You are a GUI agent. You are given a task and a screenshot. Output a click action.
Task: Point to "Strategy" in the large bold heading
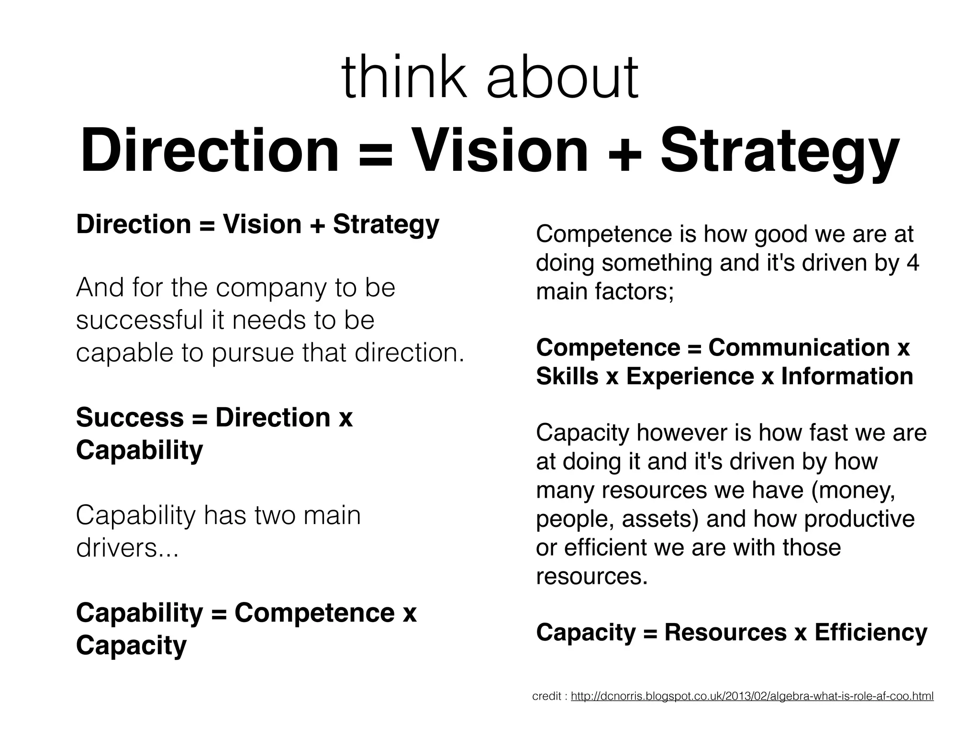click(780, 152)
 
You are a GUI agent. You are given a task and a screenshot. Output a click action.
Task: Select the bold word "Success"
click(130, 418)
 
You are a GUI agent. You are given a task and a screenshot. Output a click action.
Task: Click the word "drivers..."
click(127, 548)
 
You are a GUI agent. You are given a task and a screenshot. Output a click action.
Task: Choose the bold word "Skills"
click(567, 377)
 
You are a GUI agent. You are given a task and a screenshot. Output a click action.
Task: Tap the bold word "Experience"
click(690, 377)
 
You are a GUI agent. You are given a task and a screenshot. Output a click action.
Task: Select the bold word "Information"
click(847, 377)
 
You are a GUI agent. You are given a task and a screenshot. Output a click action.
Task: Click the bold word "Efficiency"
click(871, 633)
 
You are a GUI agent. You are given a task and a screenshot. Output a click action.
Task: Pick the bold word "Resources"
click(725, 633)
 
